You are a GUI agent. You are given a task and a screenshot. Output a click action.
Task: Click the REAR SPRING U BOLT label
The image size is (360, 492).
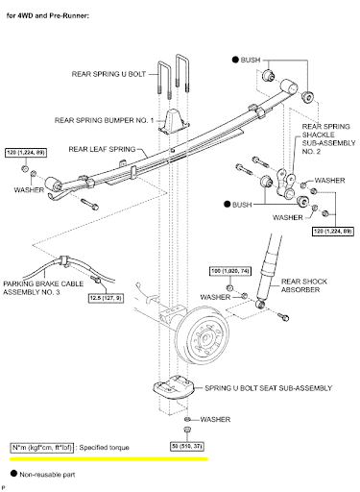tap(108, 74)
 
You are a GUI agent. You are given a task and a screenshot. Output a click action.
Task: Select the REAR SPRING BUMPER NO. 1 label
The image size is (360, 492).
tap(104, 120)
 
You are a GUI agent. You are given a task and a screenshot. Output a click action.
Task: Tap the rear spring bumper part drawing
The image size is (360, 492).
tap(174, 121)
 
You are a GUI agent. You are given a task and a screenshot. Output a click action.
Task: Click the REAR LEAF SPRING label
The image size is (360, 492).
tap(102, 149)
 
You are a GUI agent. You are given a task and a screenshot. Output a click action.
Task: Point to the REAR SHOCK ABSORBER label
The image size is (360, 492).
tap(304, 285)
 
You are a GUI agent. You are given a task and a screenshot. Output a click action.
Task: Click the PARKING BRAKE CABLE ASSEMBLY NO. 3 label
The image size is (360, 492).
tap(43, 288)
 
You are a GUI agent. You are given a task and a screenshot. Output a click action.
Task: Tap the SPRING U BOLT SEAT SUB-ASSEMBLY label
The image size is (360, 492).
tap(268, 388)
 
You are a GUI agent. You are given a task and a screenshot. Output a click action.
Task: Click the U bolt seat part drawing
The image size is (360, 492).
tap(175, 387)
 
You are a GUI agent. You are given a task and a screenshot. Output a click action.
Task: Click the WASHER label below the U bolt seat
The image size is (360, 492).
tap(215, 419)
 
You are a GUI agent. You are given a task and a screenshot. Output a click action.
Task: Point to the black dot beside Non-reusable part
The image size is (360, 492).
tap(13, 473)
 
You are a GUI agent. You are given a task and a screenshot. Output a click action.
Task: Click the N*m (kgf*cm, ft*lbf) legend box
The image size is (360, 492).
tap(42, 448)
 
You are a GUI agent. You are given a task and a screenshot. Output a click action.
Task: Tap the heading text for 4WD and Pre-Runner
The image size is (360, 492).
tap(47, 15)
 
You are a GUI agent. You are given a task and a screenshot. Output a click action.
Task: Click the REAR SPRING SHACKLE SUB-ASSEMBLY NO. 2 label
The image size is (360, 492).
tap(328, 138)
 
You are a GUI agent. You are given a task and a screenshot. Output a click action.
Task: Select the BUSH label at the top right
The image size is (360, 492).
tap(251, 60)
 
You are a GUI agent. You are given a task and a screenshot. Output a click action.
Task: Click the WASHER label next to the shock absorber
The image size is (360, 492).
tap(215, 297)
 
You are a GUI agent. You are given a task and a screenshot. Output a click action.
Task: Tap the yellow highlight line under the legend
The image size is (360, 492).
tap(108, 459)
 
